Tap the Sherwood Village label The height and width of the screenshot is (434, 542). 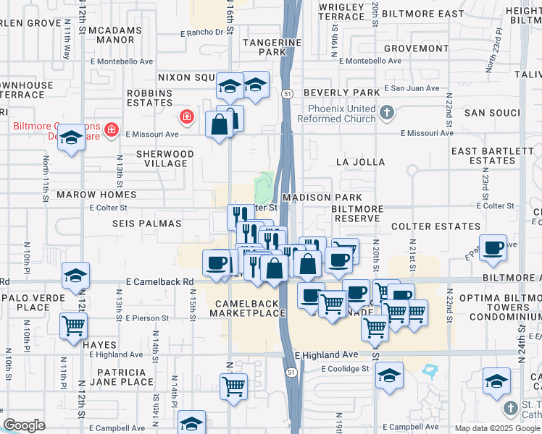[x=165, y=158]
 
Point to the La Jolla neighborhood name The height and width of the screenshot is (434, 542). [x=361, y=162]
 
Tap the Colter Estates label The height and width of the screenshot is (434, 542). [x=426, y=226]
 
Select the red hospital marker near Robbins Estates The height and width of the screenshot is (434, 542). [x=186, y=116]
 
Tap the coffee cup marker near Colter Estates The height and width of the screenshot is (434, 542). [x=493, y=247]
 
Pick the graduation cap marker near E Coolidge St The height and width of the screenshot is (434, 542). [x=389, y=375]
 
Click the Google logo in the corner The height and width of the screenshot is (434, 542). [x=24, y=425]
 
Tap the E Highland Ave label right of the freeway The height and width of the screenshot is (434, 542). [x=326, y=354]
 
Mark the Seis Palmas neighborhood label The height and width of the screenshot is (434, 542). [x=145, y=224]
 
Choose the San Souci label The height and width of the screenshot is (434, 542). [x=492, y=113]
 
